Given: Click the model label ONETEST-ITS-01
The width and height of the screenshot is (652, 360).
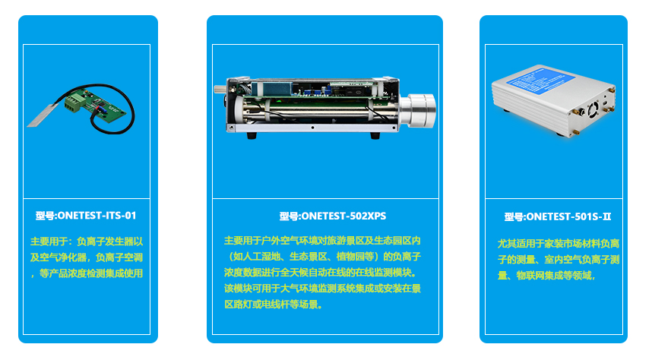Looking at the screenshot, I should point(86,215).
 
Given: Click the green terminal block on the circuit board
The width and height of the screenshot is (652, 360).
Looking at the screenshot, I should point(75,103).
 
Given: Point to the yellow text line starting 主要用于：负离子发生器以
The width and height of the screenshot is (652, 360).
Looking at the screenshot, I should point(87,241).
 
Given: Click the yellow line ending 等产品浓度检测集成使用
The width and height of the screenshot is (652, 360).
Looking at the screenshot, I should point(87,273).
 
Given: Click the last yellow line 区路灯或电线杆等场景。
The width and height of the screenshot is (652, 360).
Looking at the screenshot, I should point(274,305).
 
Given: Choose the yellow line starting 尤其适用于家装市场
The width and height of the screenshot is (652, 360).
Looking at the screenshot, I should point(557,243).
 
